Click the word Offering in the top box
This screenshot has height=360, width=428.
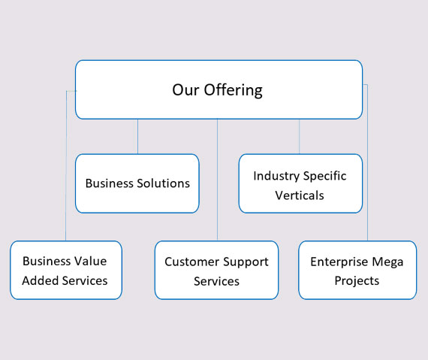(234, 90)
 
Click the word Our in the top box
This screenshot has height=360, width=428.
(185, 90)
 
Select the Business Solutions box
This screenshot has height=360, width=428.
(137, 183)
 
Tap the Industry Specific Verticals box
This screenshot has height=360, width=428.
(300, 183)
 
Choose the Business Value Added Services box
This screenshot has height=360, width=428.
(66, 270)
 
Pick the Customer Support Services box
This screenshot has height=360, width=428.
(216, 270)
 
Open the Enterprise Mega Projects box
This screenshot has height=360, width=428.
(357, 270)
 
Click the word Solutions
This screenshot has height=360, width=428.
(163, 183)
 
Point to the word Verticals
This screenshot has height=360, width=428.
(300, 195)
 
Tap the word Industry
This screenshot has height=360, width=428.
(276, 176)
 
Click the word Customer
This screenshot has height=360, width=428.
(190, 262)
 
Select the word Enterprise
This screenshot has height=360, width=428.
(339, 262)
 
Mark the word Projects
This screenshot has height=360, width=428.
(357, 281)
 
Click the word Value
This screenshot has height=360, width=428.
(91, 261)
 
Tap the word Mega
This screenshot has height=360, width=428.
(387, 262)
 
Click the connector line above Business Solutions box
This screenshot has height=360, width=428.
(137, 137)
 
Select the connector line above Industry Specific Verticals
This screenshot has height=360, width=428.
(299, 137)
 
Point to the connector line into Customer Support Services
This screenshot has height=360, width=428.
(217, 180)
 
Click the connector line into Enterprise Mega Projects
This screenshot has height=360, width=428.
(367, 163)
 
